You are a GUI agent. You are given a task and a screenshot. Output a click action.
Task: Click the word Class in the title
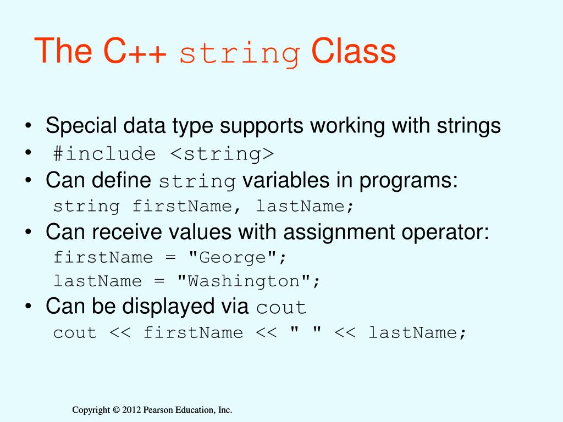point(353,52)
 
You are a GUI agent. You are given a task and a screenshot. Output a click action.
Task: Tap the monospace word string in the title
point(240,54)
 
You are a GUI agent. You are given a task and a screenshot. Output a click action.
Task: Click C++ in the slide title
point(134,52)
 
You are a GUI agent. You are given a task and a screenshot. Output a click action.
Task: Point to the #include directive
point(104,154)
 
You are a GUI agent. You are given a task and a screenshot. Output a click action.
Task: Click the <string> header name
point(221,154)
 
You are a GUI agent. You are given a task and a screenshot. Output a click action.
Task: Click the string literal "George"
point(237,257)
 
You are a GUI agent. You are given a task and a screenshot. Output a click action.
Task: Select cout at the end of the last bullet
point(281,308)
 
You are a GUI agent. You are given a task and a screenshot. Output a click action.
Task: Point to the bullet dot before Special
point(27,127)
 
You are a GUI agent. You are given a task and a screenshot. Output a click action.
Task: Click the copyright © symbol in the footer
point(115,410)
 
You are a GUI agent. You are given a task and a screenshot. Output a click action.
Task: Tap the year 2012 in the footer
point(131,410)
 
